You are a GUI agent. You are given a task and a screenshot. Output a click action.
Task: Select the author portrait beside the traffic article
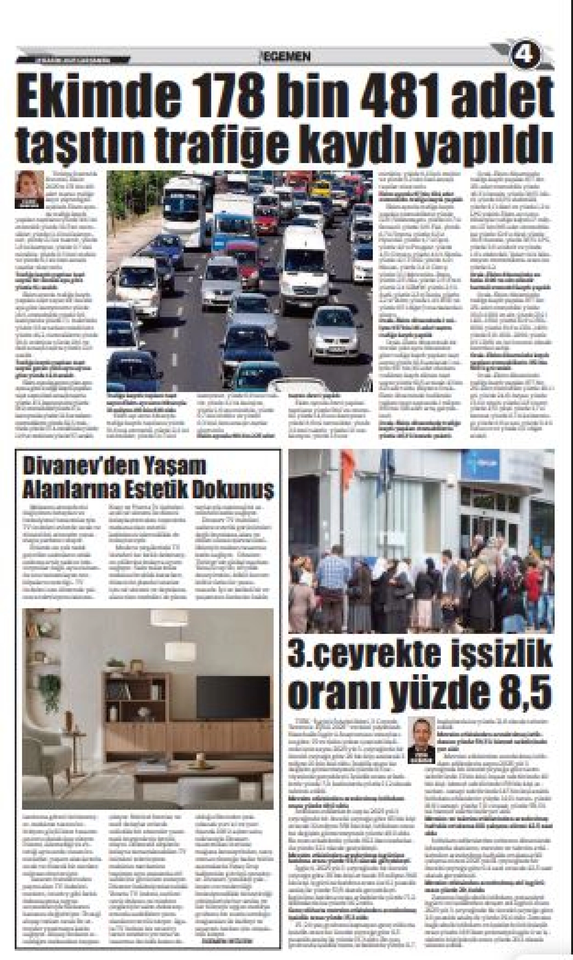point(29,189)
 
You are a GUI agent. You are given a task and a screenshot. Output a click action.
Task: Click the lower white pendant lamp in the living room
point(180,650)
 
